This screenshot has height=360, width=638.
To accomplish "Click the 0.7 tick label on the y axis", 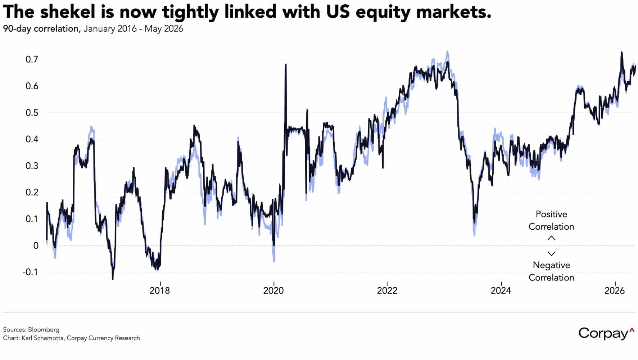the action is coord(32,59).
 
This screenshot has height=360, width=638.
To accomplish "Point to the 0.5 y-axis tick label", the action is coord(32,113).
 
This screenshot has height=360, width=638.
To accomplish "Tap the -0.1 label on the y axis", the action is coord(30,272).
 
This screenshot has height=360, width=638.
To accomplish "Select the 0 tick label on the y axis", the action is coord(36,246).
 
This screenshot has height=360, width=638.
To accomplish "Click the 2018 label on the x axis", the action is coord(160,291).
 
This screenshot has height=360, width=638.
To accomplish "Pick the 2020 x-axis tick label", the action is coord(273,291).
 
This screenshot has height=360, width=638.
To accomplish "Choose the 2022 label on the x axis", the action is coord(387,291).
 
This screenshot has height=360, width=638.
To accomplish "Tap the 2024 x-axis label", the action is coord(501,291).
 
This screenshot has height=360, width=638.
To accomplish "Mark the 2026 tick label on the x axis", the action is coord(615,291).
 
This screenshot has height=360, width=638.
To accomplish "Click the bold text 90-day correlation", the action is coord(41,29).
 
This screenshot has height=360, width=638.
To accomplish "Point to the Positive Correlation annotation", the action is coord(551,220).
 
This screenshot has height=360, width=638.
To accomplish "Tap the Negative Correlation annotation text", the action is coord(551,271).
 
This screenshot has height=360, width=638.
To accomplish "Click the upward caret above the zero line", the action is coord(551,238).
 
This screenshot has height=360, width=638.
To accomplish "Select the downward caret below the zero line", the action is coord(551,253).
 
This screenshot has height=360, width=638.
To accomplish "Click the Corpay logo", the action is coord(606,333).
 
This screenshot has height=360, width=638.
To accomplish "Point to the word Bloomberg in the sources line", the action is coord(44,329).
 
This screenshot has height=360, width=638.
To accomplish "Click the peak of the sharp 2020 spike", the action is coord(286,64).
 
